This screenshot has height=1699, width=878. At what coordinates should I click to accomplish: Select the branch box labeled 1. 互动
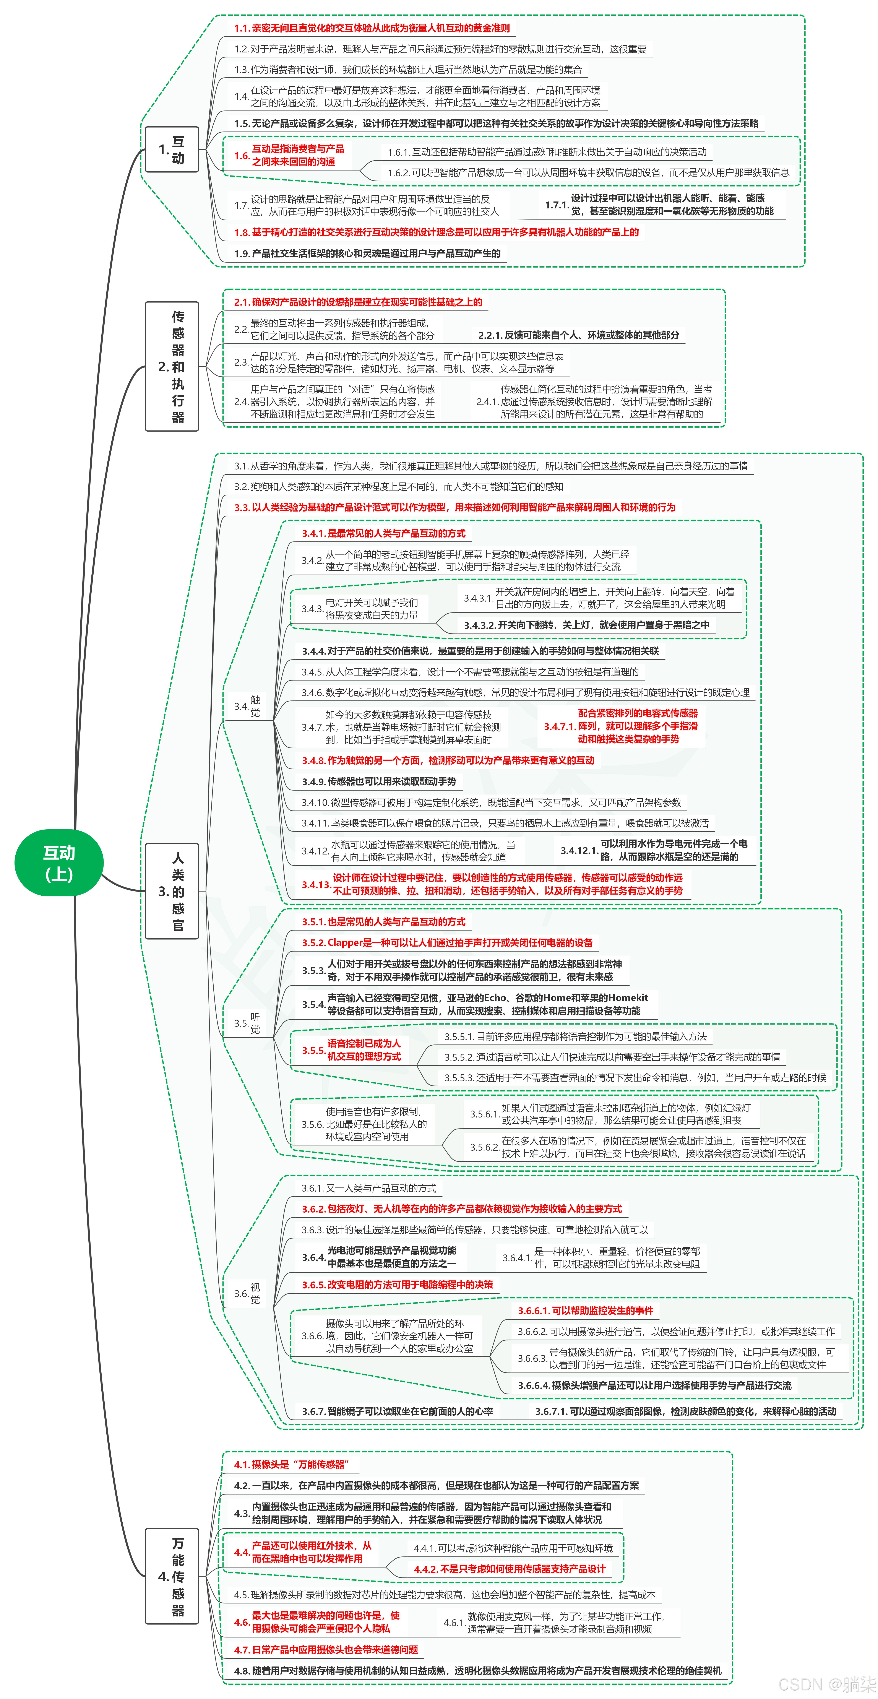[x=172, y=150]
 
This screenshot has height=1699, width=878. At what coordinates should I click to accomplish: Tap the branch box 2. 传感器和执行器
[x=172, y=367]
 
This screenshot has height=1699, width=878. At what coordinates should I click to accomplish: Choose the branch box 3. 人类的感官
[x=172, y=891]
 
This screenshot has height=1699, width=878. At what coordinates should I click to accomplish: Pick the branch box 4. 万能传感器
[x=172, y=1576]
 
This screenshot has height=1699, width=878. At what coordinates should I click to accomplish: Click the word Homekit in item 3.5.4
[x=628, y=998]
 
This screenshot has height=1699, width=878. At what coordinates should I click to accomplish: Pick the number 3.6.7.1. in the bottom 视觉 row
[x=552, y=1412]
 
